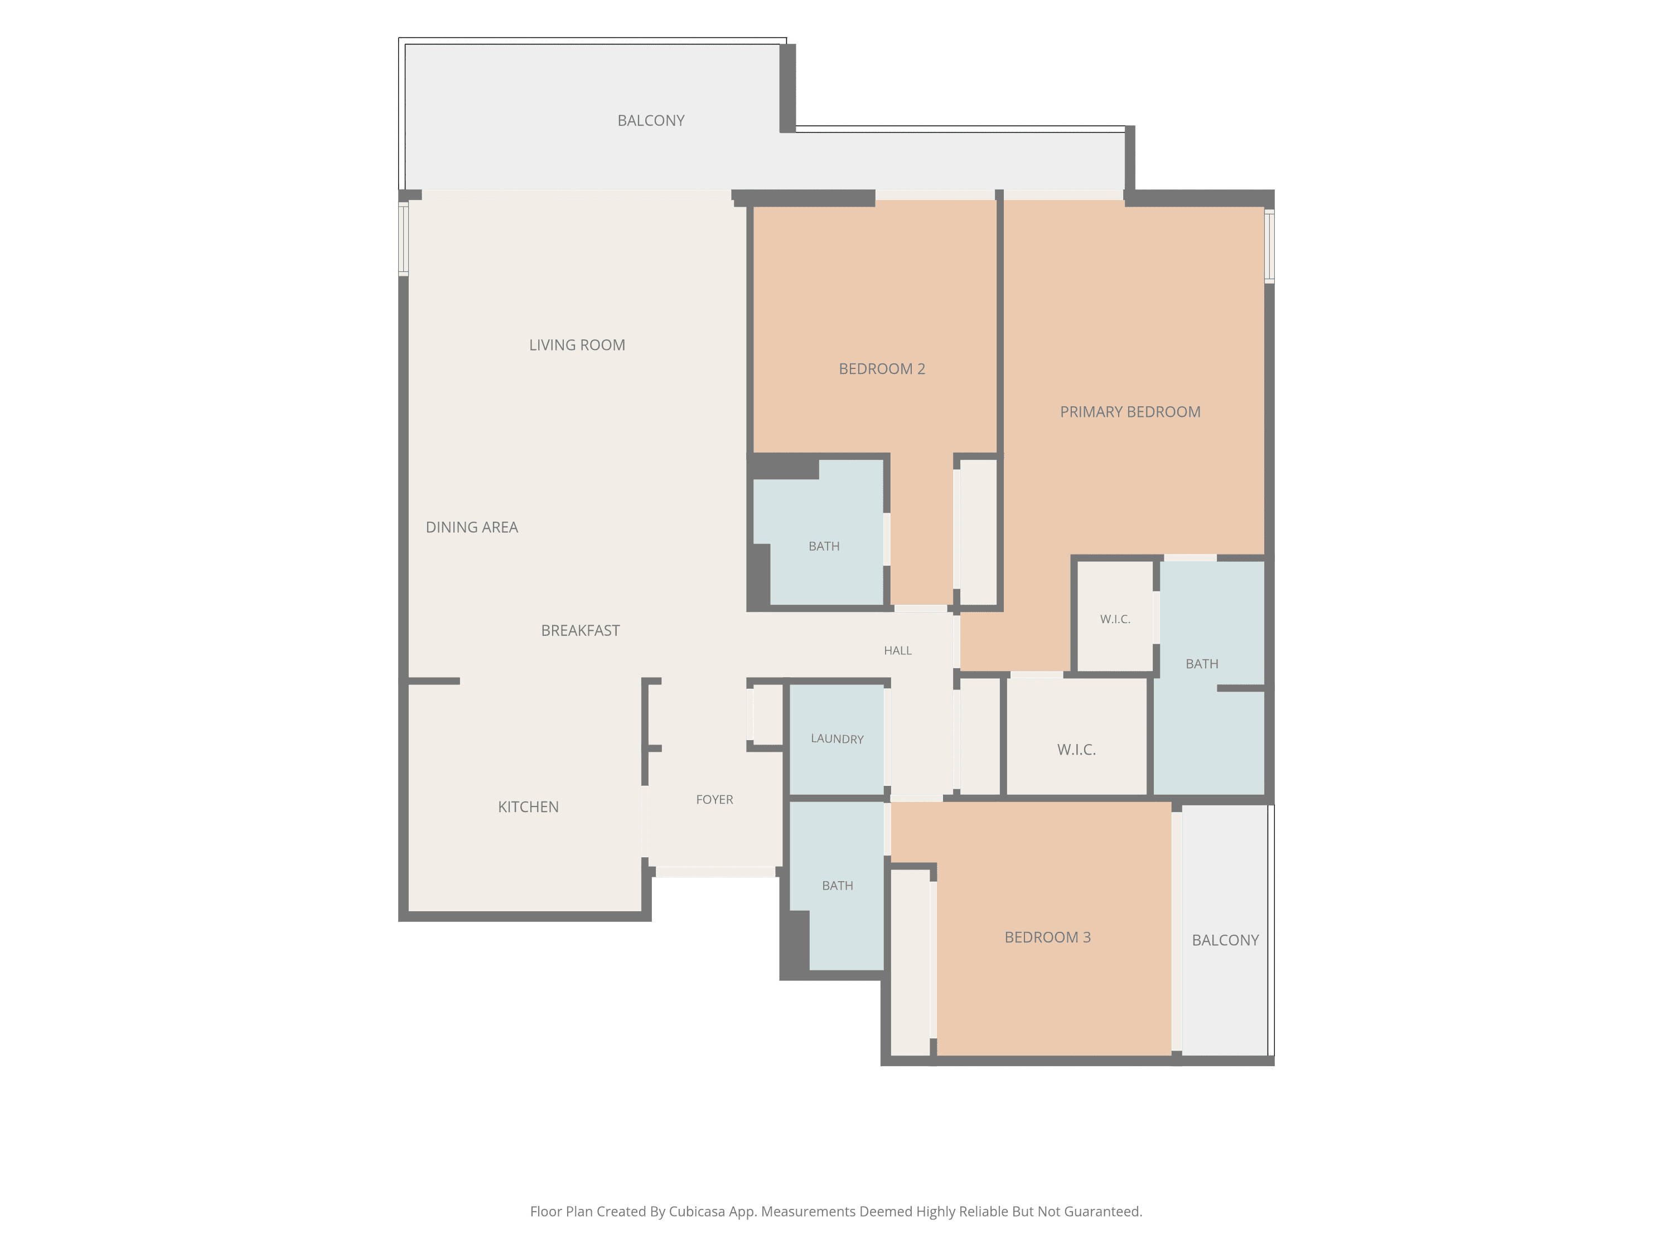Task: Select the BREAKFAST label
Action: pyautogui.click(x=580, y=630)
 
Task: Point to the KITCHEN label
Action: pyautogui.click(x=528, y=807)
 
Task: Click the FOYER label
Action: pyautogui.click(x=715, y=800)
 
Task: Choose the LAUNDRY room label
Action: pyautogui.click(x=837, y=739)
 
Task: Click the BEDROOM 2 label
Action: pyautogui.click(x=882, y=369)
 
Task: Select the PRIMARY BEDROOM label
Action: pyautogui.click(x=1130, y=412)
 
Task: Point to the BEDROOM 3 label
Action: pyautogui.click(x=1047, y=937)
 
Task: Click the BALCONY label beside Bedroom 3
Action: pyautogui.click(x=1225, y=940)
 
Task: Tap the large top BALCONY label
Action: pyautogui.click(x=651, y=121)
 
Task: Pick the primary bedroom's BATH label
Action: pyautogui.click(x=1202, y=664)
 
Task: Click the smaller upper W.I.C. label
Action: pyautogui.click(x=1115, y=620)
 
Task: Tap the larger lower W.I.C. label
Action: pyautogui.click(x=1076, y=750)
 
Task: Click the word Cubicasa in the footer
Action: pyautogui.click(x=697, y=1212)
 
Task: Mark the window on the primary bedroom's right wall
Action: pyautogui.click(x=1269, y=246)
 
